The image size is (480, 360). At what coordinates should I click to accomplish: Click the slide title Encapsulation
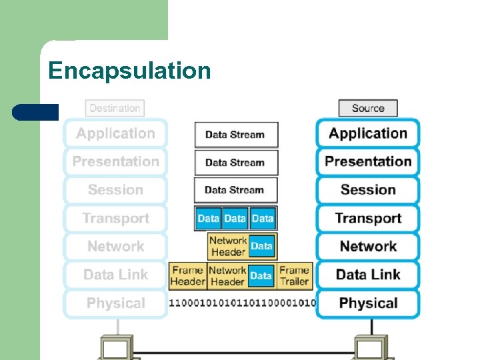[129, 70]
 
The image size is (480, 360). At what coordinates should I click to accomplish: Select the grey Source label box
[368, 108]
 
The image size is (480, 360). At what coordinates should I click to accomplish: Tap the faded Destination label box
[115, 108]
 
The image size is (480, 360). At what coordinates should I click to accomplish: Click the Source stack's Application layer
[368, 133]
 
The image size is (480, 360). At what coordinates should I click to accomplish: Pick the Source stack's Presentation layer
[368, 161]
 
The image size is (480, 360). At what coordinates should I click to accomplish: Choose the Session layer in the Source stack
[368, 190]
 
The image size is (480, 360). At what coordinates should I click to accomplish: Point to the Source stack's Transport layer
[368, 218]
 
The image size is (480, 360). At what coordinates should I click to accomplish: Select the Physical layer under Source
[368, 303]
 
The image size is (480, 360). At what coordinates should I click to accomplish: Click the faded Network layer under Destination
[115, 247]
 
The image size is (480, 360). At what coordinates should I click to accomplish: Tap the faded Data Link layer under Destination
[115, 275]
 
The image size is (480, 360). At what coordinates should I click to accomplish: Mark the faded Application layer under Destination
[115, 133]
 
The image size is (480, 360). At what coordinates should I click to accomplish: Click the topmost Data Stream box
[235, 135]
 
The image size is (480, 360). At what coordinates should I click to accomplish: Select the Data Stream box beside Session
[235, 190]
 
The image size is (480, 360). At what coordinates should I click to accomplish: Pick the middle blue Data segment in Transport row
[235, 219]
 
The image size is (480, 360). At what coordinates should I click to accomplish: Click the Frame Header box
[187, 276]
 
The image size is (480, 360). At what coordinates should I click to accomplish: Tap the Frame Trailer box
[294, 276]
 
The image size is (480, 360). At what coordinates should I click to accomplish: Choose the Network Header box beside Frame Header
[227, 276]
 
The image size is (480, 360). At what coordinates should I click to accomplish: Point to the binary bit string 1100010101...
[242, 303]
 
